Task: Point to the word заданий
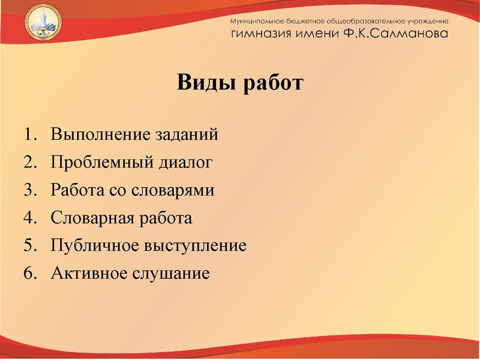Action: click(x=188, y=134)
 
